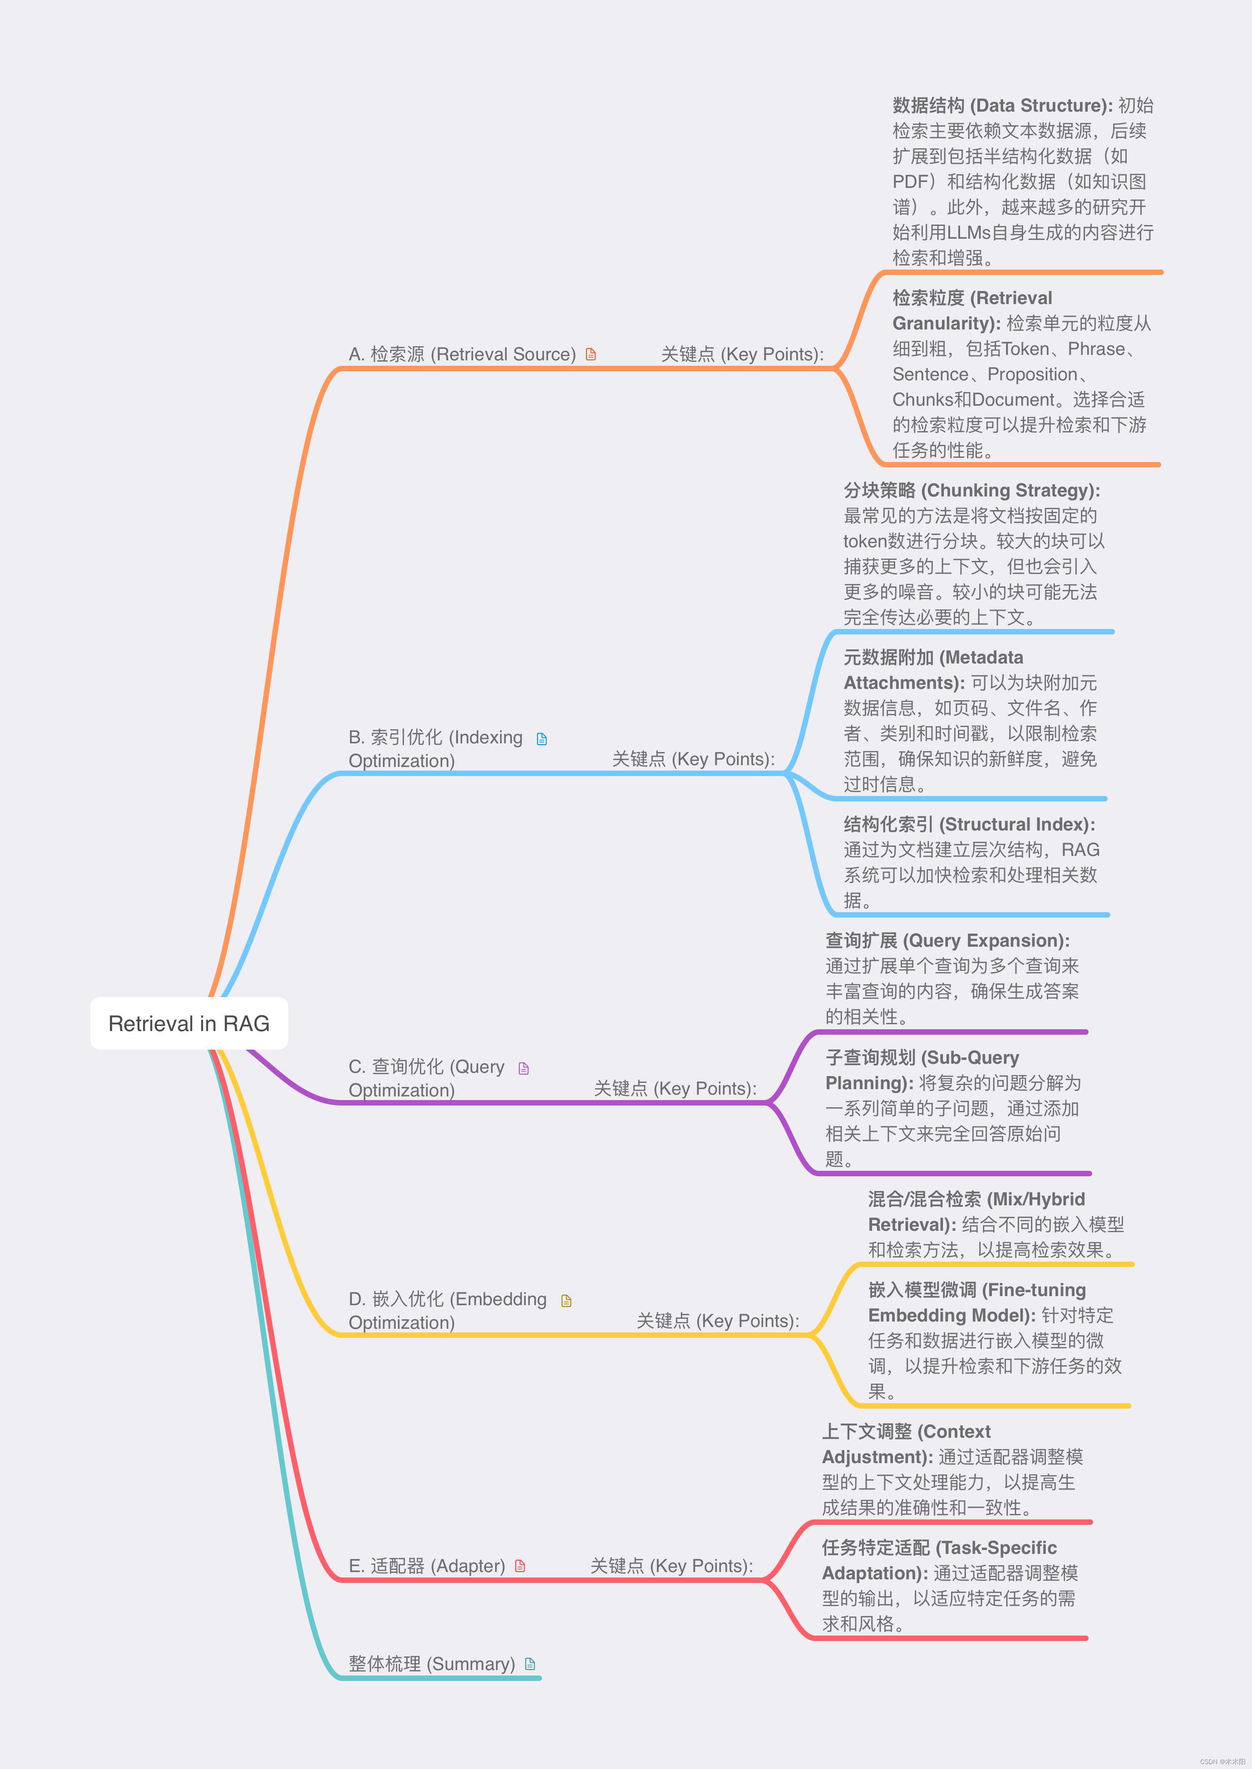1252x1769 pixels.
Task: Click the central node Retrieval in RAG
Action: tap(189, 1024)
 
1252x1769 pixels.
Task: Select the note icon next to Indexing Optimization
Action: tap(542, 739)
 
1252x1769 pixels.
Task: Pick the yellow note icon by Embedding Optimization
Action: tap(567, 1301)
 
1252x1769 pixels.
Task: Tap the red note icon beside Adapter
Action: tap(520, 1566)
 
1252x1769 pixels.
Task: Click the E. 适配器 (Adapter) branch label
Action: tap(426, 1566)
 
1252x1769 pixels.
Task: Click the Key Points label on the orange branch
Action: tap(742, 354)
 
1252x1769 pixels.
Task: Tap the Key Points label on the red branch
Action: tap(671, 1566)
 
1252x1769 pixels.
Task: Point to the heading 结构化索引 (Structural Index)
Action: tap(969, 825)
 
